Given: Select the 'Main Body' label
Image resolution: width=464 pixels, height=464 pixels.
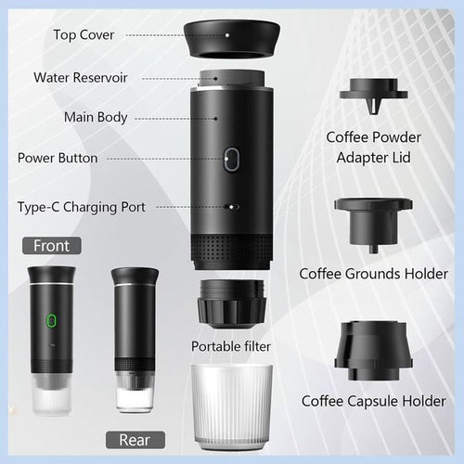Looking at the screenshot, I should [x=96, y=118].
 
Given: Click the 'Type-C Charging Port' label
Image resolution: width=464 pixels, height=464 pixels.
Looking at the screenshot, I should [x=82, y=205].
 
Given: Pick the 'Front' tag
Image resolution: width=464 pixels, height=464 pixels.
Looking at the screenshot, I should [x=51, y=246].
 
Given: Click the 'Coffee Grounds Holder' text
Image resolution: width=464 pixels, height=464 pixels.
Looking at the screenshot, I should [x=374, y=275].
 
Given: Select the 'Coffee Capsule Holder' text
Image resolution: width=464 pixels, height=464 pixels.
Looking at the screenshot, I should [x=374, y=402].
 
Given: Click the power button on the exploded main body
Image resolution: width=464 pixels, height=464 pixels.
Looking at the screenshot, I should [x=231, y=159].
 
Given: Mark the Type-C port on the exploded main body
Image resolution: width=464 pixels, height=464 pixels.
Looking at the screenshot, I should [x=233, y=209].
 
